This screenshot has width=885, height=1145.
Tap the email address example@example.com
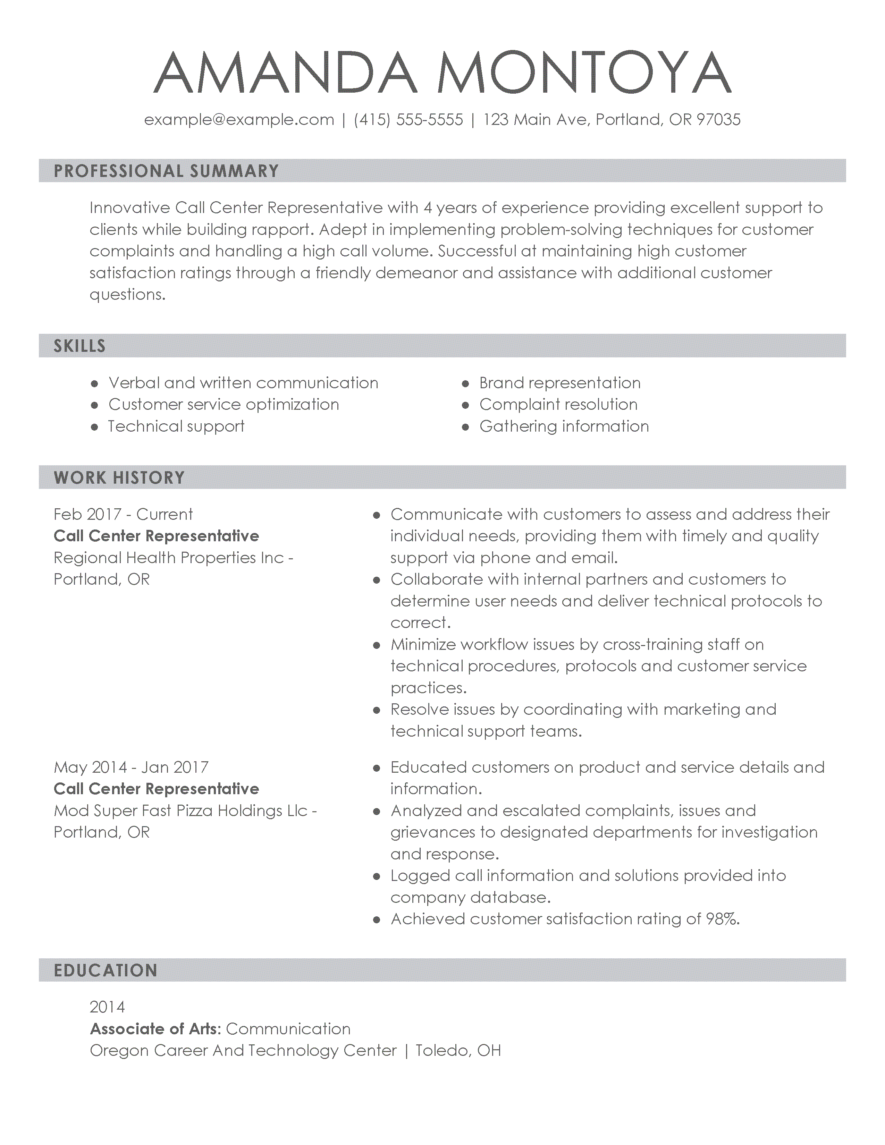point(239,120)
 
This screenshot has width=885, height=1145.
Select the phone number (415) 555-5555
point(408,120)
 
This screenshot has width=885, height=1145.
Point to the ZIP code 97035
point(718,120)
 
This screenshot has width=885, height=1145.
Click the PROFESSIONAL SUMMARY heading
point(166,171)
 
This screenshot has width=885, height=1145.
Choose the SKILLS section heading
point(80,346)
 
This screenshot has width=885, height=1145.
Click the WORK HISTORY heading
point(119,478)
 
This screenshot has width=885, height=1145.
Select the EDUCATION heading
point(106,970)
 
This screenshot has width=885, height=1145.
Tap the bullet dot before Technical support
point(94,427)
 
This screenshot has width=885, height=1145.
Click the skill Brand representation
point(559,383)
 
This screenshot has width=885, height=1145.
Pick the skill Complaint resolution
point(558,405)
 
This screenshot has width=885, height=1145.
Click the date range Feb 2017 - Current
point(123,514)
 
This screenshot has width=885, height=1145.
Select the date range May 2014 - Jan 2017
point(131,767)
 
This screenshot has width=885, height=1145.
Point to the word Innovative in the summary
point(130,208)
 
